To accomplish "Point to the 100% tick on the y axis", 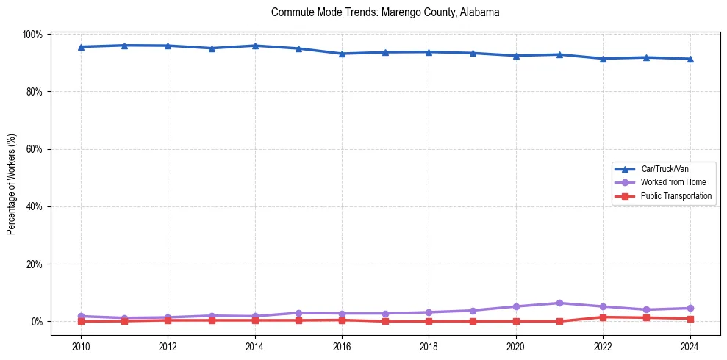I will (x=34, y=35).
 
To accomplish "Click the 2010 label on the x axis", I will (x=81, y=348).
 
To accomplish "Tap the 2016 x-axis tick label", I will (x=342, y=348).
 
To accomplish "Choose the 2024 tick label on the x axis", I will (x=690, y=348).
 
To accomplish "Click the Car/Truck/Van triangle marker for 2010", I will (x=81, y=47).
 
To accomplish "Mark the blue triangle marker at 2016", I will (x=342, y=54).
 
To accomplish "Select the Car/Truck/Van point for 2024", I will (x=690, y=59).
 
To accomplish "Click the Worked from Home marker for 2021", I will (x=559, y=303).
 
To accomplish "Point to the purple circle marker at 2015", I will (x=298, y=313).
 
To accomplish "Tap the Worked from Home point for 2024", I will (x=690, y=308).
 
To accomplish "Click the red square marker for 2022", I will (x=603, y=317).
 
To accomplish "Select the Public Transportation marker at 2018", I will (x=429, y=321).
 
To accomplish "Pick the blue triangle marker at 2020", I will (x=516, y=56).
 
